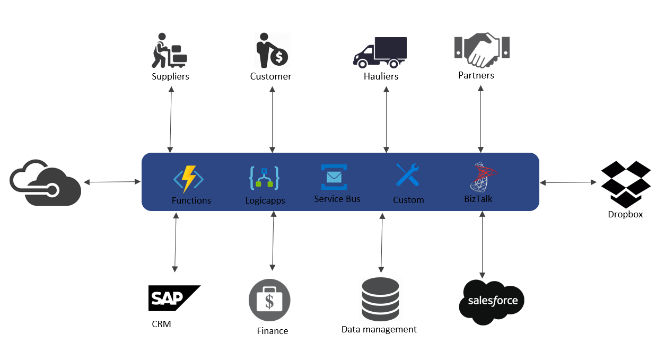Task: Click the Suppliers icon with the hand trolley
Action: (x=170, y=51)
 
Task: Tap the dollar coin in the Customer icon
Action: (x=279, y=55)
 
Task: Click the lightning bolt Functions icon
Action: (x=189, y=179)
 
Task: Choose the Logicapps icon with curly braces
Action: (x=264, y=179)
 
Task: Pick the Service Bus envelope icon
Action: (x=334, y=177)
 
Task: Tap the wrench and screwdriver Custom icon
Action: (x=407, y=175)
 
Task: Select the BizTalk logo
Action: (x=483, y=177)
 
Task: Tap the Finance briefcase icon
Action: (x=269, y=300)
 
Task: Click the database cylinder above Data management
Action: (x=380, y=300)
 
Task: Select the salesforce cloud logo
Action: (x=492, y=301)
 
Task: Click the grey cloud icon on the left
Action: (x=46, y=182)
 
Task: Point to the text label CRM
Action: (x=161, y=323)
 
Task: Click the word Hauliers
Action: (x=381, y=76)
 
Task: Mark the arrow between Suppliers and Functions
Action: (x=171, y=119)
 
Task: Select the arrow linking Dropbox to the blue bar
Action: (x=568, y=182)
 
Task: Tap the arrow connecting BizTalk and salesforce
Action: (x=482, y=244)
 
